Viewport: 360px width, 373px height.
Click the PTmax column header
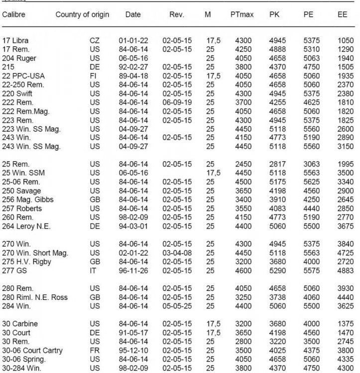[x=242, y=15]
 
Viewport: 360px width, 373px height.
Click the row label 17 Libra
[x=14, y=39]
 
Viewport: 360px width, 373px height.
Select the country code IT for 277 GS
[x=94, y=266]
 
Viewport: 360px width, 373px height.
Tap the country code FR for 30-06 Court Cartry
[x=95, y=350]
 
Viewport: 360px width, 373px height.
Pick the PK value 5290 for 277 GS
[x=278, y=266]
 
